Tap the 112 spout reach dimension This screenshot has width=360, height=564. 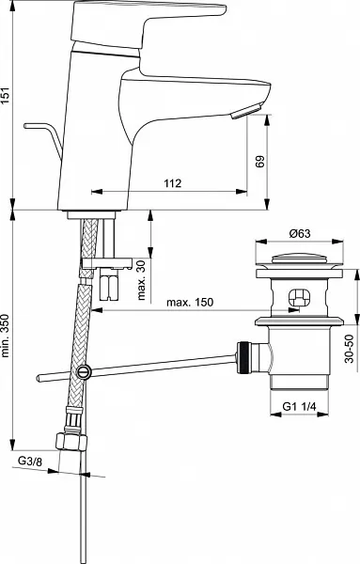coord(173,183)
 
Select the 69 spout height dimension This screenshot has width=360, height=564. coord(259,161)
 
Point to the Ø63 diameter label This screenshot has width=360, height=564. coord(300,233)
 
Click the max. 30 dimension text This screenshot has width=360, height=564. coord(142,280)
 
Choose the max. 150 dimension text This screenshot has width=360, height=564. coord(190,302)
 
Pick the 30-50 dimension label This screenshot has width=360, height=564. coord(350,349)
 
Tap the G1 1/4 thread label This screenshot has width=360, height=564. coord(299,407)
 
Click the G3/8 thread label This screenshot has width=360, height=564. coord(30,461)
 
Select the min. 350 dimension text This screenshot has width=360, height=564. coord(5,336)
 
